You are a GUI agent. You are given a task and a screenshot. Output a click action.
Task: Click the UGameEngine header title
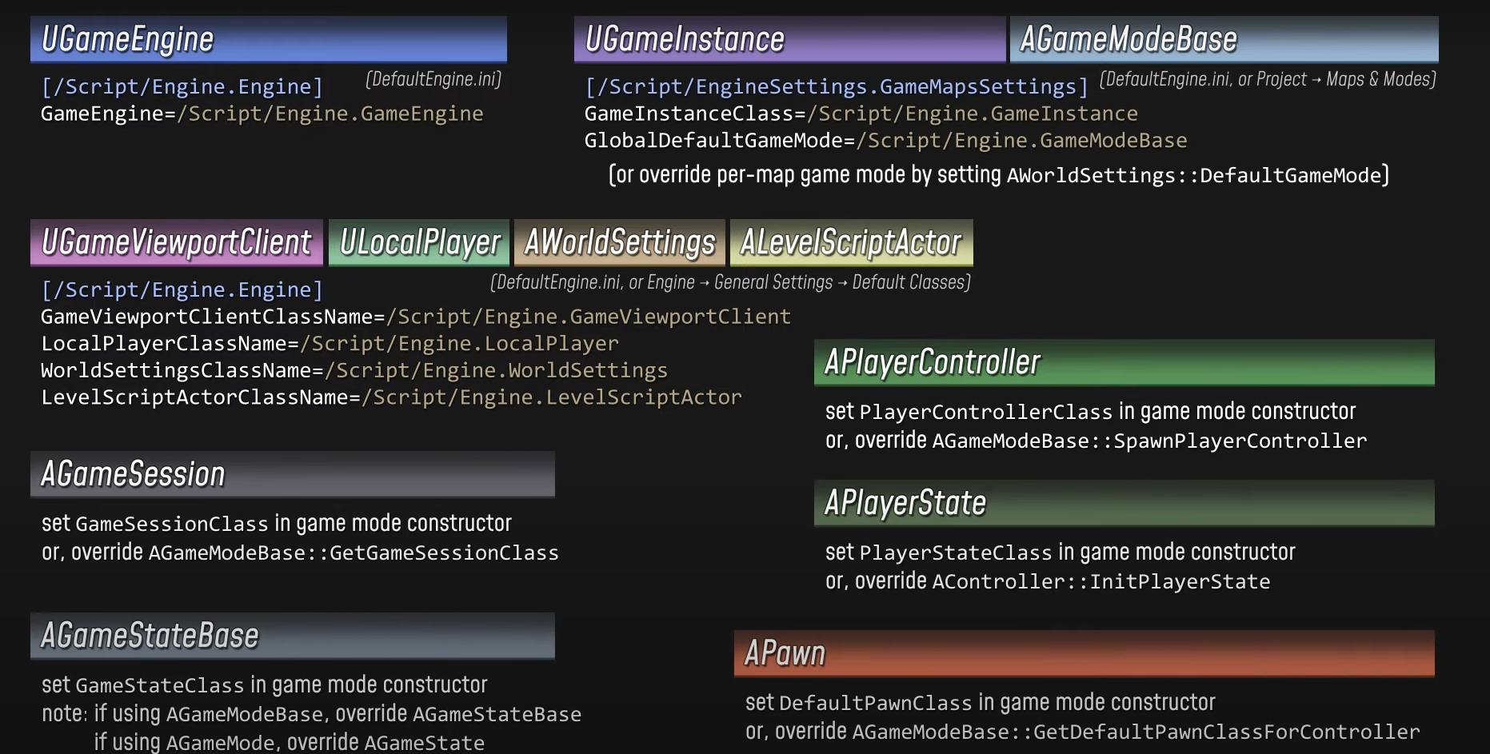[128, 39]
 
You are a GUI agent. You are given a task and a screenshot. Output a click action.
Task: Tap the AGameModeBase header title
[1128, 39]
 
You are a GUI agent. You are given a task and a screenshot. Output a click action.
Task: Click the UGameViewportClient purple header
[176, 242]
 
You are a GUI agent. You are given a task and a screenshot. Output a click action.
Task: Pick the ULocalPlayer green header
[419, 242]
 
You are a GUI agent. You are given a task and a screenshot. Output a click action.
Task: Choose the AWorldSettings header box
[620, 242]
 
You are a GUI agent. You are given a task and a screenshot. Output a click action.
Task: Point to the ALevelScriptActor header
[851, 242]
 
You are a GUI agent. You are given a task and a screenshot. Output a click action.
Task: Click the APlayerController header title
[933, 362]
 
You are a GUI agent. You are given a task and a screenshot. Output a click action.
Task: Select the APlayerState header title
[905, 503]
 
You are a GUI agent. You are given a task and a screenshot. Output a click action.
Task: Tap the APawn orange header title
[785, 653]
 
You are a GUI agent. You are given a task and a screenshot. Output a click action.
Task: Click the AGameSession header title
[133, 474]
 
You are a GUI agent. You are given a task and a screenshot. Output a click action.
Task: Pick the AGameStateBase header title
[150, 636]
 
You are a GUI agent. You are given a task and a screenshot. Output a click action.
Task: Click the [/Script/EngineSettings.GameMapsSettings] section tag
[837, 86]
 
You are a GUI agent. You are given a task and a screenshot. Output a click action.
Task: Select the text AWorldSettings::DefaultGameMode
[1195, 176]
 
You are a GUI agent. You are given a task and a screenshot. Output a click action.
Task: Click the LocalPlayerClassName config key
[163, 344]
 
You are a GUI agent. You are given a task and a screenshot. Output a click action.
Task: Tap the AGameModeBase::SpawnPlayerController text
[1149, 441]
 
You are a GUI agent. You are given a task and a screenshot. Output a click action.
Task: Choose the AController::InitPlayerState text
[1101, 582]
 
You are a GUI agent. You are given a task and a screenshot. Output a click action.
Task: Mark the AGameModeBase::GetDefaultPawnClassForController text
[1136, 732]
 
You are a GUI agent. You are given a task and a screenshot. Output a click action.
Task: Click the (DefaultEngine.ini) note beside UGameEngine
[433, 79]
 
